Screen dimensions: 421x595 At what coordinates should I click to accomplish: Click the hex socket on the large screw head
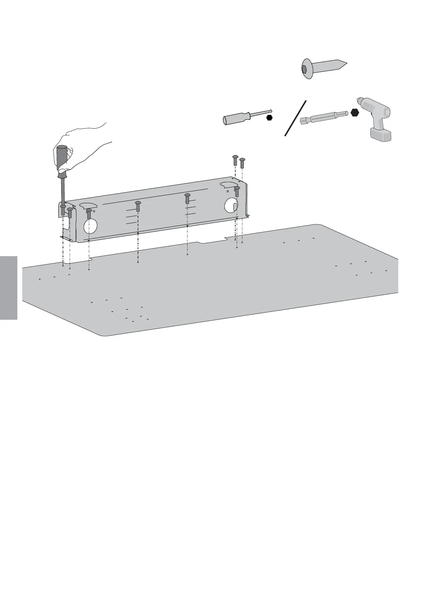point(304,70)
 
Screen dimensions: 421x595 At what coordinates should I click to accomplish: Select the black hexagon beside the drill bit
point(355,113)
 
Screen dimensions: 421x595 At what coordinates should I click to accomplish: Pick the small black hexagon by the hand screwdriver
point(270,118)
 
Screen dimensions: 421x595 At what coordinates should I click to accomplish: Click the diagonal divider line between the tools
point(295,118)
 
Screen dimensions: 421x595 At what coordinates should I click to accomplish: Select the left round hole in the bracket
point(91,226)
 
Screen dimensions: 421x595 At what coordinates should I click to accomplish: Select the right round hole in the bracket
point(231,205)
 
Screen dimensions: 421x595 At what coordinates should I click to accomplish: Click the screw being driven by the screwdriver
point(63,210)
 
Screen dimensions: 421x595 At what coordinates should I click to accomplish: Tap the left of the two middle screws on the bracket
point(138,206)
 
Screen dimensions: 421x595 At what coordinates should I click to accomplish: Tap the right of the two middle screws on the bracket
point(187,198)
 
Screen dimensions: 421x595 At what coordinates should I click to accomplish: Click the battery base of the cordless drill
point(381,135)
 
